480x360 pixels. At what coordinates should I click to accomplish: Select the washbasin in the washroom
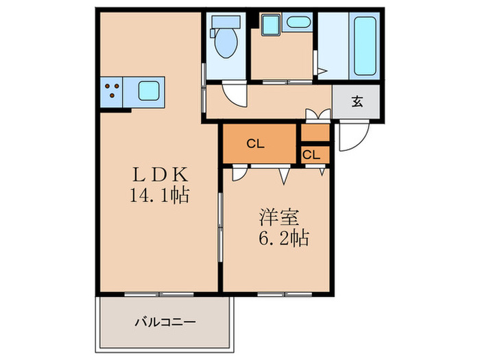pos(299,22)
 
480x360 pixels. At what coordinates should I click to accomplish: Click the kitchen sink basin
pos(149,89)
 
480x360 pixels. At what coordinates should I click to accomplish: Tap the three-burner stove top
pos(112,89)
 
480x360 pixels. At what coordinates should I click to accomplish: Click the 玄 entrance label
pos(357,103)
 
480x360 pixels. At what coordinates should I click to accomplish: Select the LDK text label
pos(160,174)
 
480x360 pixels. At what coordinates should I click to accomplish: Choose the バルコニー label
pos(165,321)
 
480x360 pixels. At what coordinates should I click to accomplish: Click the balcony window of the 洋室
pos(281,294)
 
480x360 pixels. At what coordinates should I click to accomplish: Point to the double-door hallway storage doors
pos(316,114)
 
